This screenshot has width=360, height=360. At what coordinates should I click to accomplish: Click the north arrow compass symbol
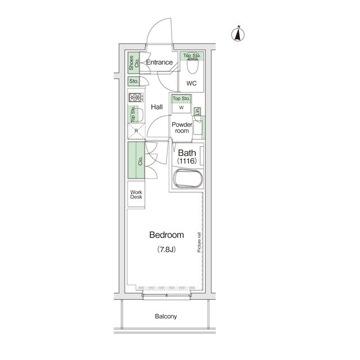click(x=238, y=34)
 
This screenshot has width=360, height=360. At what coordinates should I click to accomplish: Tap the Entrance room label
click(x=159, y=62)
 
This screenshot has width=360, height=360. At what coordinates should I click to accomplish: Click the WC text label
click(x=191, y=84)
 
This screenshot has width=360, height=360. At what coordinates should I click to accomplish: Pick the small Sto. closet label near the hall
click(x=134, y=82)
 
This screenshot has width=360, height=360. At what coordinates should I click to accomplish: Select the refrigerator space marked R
click(x=136, y=132)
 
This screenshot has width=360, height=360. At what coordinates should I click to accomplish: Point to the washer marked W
click(x=182, y=108)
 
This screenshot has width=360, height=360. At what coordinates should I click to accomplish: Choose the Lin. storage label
click(x=198, y=111)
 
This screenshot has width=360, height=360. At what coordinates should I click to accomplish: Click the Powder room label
click(x=182, y=127)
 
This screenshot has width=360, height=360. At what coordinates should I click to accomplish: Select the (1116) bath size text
click(x=187, y=161)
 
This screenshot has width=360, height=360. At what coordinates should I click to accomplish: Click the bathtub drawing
click(x=187, y=181)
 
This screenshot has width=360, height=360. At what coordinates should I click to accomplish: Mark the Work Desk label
click(x=136, y=195)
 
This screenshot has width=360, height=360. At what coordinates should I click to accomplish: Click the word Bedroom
click(x=167, y=235)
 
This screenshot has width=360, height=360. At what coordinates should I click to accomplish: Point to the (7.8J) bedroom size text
click(x=166, y=249)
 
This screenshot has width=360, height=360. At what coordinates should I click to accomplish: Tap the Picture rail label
click(x=199, y=242)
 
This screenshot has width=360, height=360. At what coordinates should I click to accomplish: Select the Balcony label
click(x=166, y=316)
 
